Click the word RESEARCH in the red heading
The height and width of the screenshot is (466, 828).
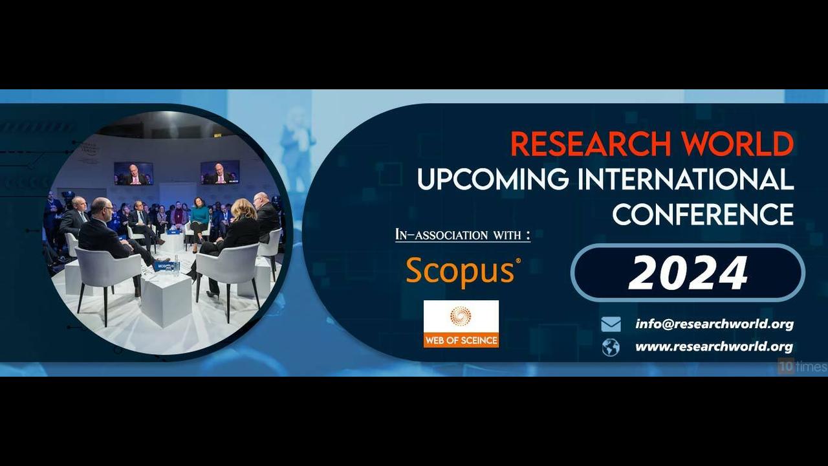coord(591,144)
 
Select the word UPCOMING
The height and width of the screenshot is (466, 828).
coord(493,179)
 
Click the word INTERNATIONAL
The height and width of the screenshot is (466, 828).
coord(686,179)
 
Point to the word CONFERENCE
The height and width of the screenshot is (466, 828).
coord(703,214)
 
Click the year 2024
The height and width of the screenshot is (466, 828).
coord(688,273)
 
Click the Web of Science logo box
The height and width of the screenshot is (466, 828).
coord(461,324)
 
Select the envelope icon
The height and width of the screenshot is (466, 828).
coord(611,324)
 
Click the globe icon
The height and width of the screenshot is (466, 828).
coord(611,348)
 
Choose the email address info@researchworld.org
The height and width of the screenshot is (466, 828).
coord(715,324)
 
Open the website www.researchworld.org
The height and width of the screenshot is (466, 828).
coord(714,347)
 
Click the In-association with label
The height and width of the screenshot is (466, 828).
coord(463,234)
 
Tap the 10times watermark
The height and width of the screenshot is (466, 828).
coord(802,366)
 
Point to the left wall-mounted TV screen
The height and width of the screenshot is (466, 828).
coord(133,173)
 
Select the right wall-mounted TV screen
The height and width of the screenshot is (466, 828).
coord(220,172)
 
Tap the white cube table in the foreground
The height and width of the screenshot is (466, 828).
coord(166,300)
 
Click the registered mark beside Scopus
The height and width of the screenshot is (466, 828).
coord(518,261)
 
